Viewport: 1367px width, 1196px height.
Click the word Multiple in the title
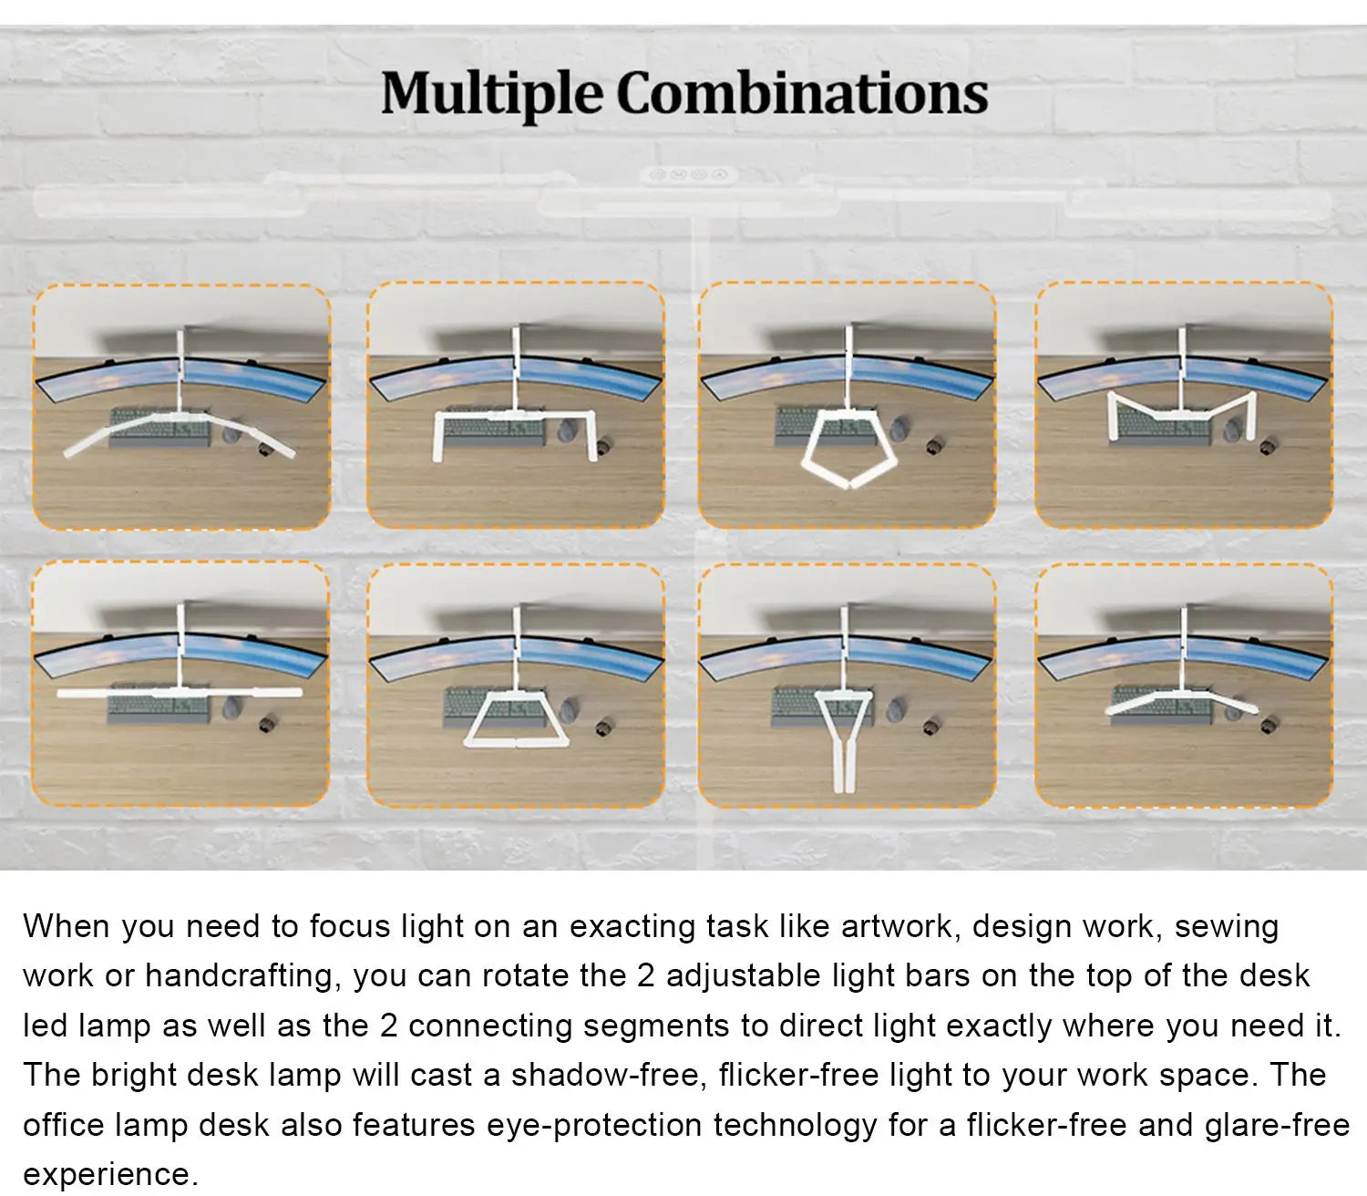[492, 95]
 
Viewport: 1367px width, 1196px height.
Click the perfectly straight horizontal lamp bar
[180, 693]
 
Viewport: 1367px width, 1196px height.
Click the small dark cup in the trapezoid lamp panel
[603, 727]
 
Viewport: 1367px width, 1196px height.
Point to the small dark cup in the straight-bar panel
[267, 725]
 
